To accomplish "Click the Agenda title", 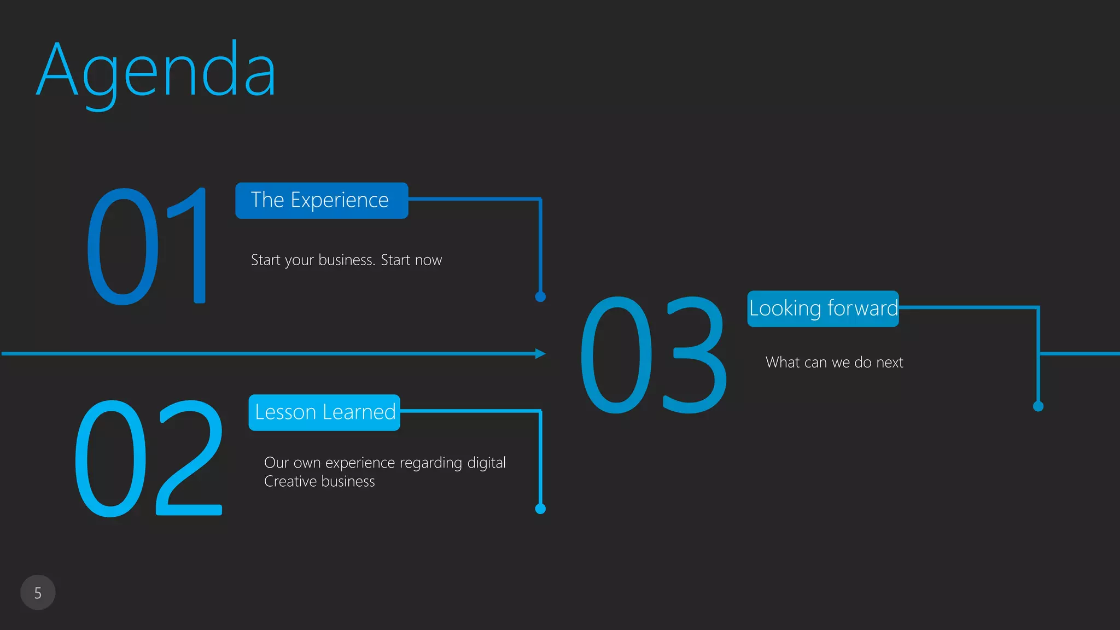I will coord(156,71).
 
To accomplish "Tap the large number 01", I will coord(147,246).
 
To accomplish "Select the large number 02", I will coord(148,458).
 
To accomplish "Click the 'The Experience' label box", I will coord(322,201).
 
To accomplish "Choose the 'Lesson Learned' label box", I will coord(324,412).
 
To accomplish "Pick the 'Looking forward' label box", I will coord(822,309).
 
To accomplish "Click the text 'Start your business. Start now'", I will coord(346,260).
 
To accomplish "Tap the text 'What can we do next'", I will coord(834,363).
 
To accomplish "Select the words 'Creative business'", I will coord(319,482).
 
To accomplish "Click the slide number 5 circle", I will coord(38,593).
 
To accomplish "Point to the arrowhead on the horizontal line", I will coord(540,354).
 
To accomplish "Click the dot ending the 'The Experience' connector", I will coord(540,297).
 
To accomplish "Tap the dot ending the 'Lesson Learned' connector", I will coord(540,509).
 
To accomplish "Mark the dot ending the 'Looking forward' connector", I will coord(1038,406).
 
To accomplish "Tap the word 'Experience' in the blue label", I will coord(340,201).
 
